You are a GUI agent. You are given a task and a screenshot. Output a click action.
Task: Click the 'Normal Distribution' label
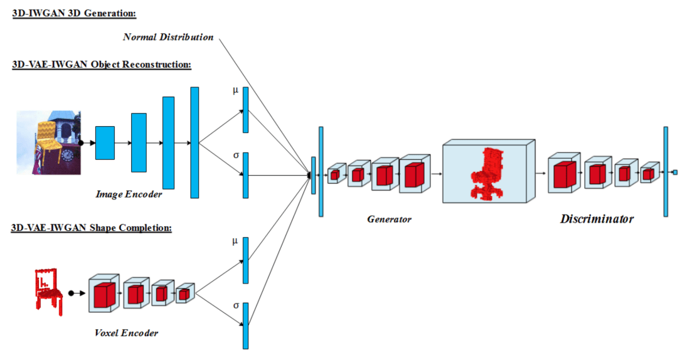click(x=168, y=37)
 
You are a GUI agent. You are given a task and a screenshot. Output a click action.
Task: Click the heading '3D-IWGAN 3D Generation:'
click(x=75, y=13)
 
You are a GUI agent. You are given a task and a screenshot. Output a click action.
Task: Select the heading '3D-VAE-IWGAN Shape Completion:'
click(x=92, y=228)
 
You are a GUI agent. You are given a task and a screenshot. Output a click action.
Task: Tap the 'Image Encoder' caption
click(x=129, y=194)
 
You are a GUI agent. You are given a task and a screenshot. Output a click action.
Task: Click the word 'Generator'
click(x=389, y=219)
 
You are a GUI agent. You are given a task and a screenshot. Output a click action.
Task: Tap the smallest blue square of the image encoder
click(x=105, y=143)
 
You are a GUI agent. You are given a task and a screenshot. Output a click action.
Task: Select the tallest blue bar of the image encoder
click(x=194, y=143)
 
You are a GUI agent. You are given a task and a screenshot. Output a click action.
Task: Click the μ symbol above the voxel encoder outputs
click(x=235, y=241)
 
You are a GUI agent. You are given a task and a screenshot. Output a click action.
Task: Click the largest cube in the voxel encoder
click(x=103, y=294)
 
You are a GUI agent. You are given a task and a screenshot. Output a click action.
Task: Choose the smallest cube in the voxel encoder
click(x=183, y=294)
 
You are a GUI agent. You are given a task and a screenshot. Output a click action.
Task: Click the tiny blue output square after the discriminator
click(x=675, y=172)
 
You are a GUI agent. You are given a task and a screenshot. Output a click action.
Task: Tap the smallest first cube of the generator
click(x=335, y=174)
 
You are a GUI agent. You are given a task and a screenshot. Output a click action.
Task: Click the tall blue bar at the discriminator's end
click(x=665, y=172)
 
